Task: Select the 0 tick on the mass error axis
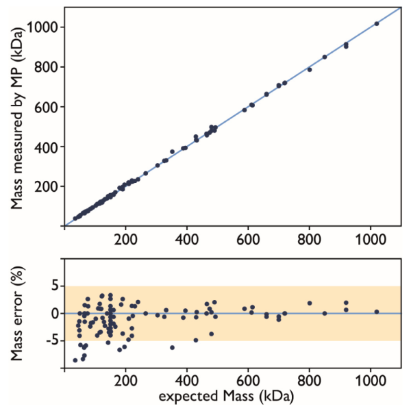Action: [55, 313]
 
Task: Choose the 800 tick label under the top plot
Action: [310, 240]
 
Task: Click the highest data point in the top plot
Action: [377, 24]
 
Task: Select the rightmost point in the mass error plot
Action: [377, 312]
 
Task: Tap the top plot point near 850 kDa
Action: [325, 57]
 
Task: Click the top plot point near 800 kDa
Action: [310, 69]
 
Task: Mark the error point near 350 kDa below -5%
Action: [172, 347]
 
